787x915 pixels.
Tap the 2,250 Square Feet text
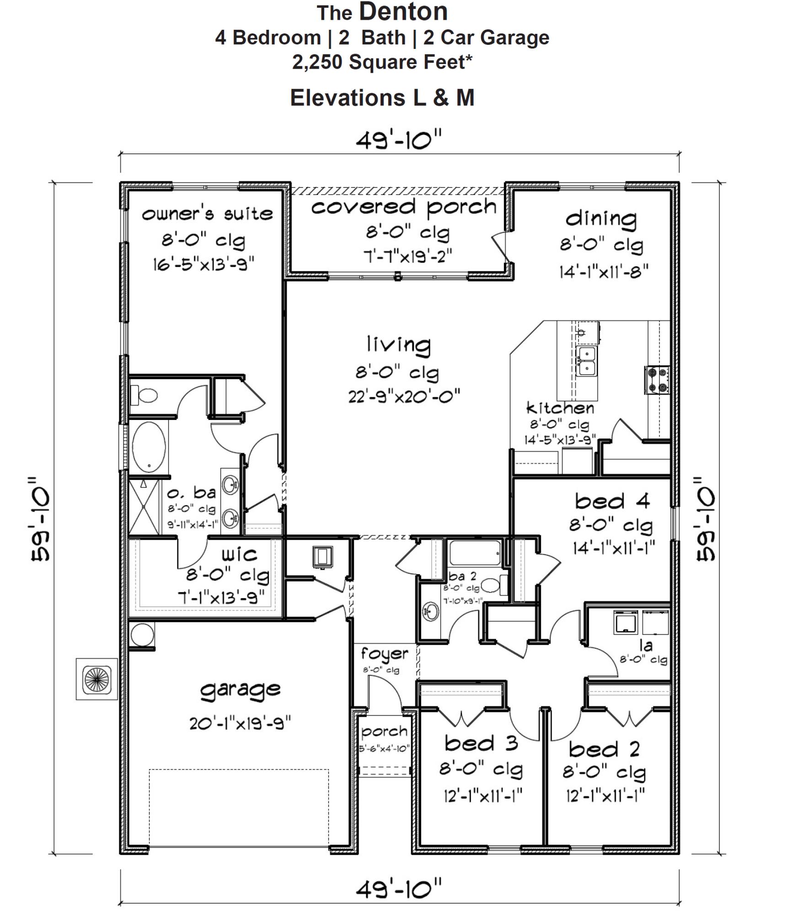point(382,62)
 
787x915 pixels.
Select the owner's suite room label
point(207,214)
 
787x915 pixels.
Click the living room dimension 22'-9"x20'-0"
point(404,396)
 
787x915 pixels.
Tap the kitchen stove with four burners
point(657,380)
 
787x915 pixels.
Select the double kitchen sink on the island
point(586,361)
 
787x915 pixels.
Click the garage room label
point(240,690)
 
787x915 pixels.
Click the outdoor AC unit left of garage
point(97,679)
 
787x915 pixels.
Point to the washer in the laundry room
point(625,623)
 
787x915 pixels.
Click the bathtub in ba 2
point(475,554)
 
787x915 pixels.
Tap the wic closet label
point(239,555)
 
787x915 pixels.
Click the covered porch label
point(404,208)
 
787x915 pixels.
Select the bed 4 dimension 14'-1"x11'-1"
point(614,548)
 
